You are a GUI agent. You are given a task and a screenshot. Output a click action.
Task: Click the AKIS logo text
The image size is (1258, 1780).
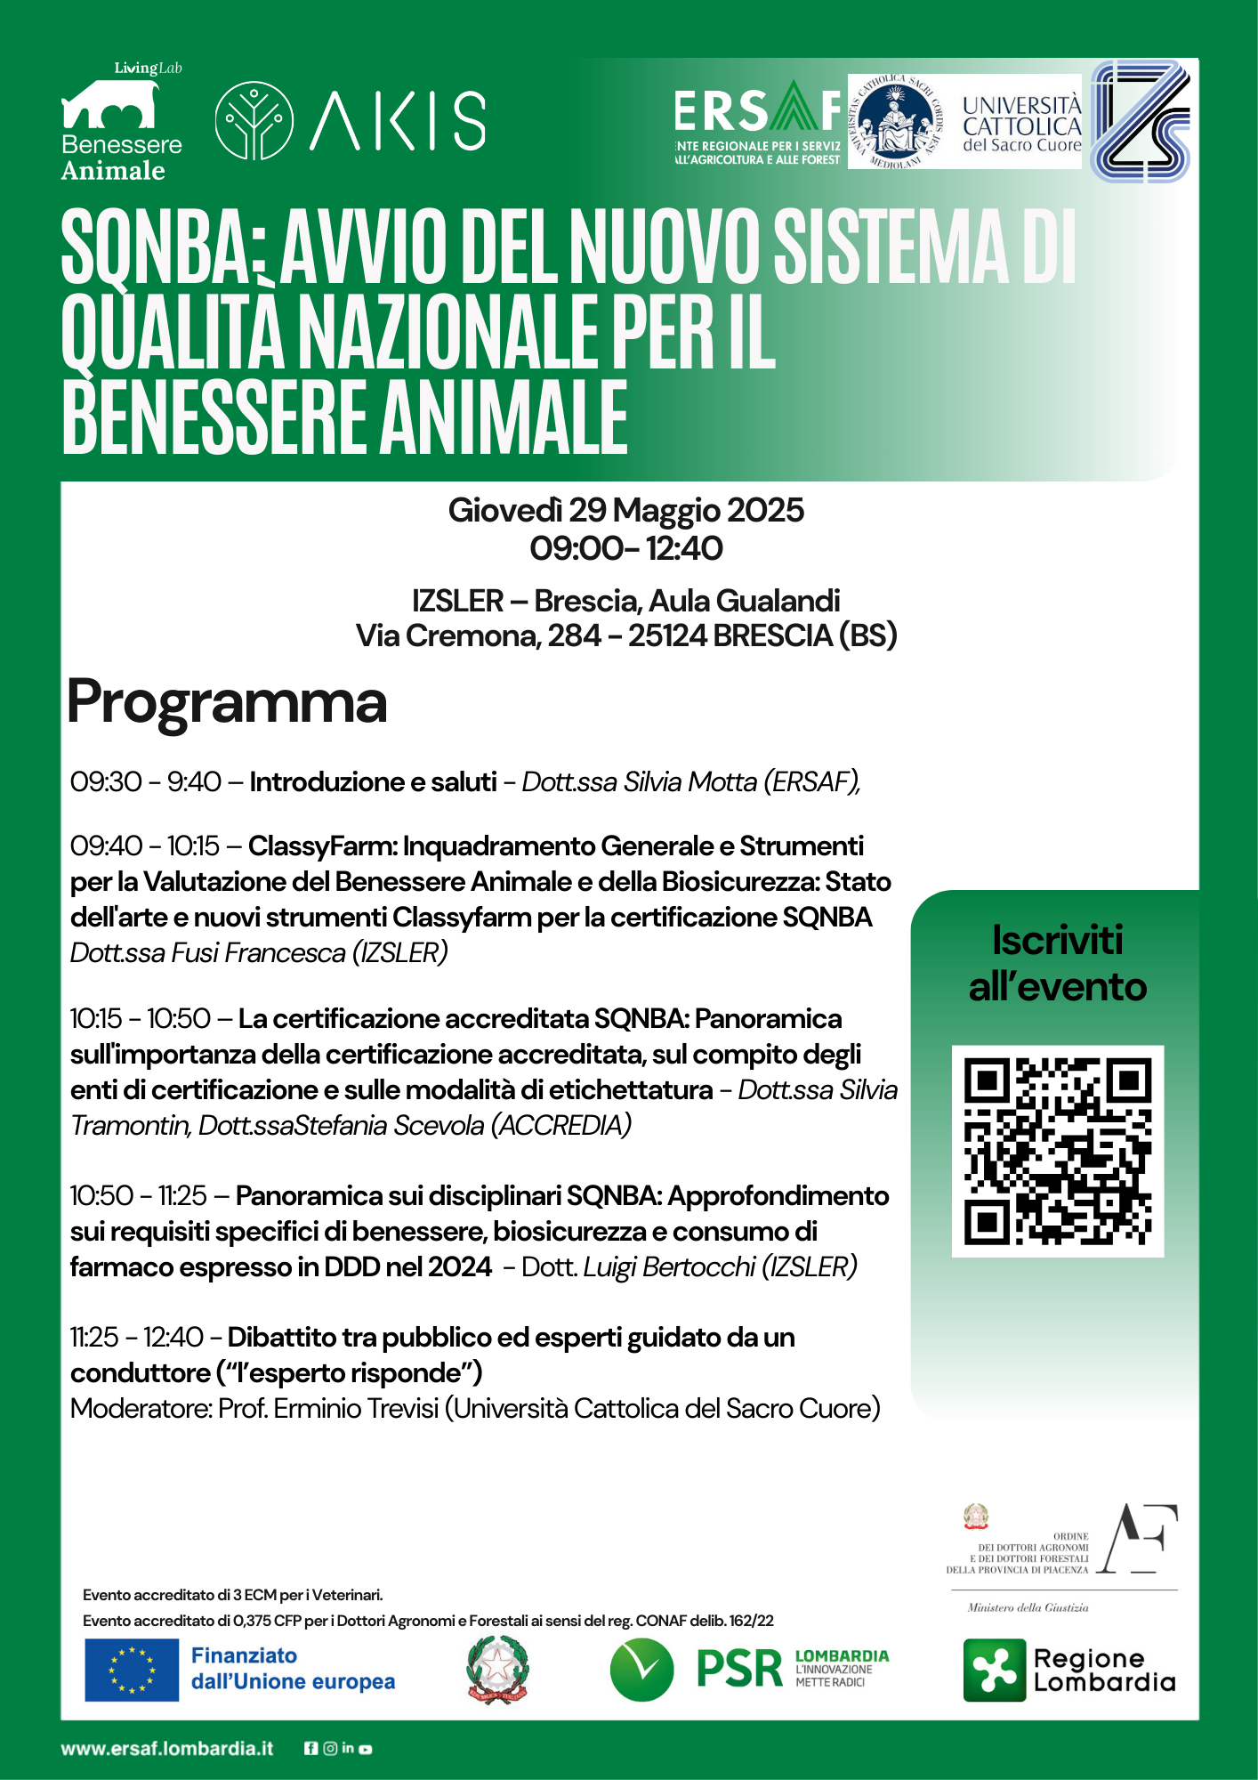coord(398,120)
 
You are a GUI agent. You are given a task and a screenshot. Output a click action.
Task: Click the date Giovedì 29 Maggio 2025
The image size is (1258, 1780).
coord(625,510)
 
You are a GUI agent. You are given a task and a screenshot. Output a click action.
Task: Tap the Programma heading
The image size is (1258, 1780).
coord(227,702)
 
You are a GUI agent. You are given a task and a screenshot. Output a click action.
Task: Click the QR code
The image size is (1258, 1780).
coord(1058,1151)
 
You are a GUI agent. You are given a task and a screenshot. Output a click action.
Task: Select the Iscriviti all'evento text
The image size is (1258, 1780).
coord(1057,964)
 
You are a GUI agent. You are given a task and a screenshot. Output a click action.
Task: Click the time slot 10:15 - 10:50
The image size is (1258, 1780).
coord(141,1018)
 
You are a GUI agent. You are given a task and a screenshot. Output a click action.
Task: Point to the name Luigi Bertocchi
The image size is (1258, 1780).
coord(669,1266)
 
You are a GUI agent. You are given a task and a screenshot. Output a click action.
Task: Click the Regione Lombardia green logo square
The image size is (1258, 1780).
coord(994,1671)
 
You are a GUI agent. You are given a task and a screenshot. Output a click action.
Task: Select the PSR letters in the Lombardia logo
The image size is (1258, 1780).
coord(738,1669)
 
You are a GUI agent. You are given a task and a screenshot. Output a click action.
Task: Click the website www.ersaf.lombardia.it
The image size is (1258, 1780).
coord(167,1748)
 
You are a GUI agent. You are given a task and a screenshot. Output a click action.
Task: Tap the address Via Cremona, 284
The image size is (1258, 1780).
coord(479,635)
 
